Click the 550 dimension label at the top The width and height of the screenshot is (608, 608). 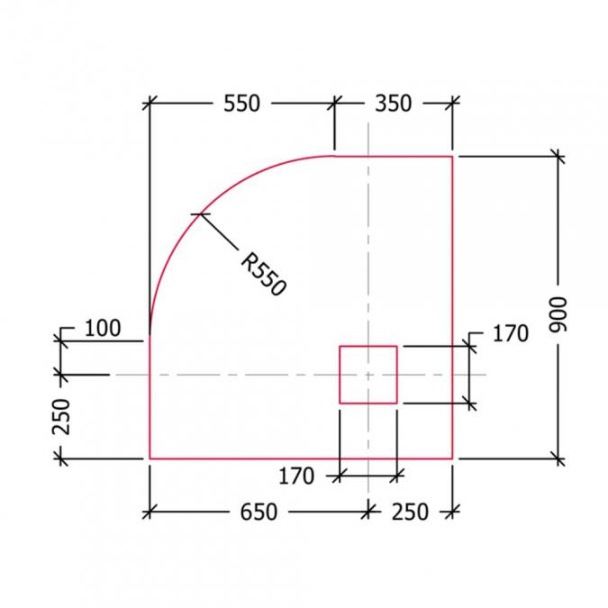pyautogui.click(x=241, y=104)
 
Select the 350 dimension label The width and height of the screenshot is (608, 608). pyautogui.click(x=393, y=104)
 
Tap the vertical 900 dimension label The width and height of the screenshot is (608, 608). pyautogui.click(x=559, y=314)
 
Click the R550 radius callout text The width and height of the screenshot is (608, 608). pyautogui.click(x=263, y=274)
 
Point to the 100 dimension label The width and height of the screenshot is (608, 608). pyautogui.click(x=102, y=328)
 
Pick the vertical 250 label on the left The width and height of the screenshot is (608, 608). pyautogui.click(x=61, y=416)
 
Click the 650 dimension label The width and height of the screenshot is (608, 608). pyautogui.click(x=258, y=512)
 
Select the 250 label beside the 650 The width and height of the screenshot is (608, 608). pyautogui.click(x=410, y=512)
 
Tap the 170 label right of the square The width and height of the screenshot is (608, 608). pyautogui.click(x=510, y=334)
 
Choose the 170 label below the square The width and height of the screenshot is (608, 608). pyautogui.click(x=296, y=474)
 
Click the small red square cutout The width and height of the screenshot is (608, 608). pyautogui.click(x=368, y=374)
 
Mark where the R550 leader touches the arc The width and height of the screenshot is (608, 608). pyautogui.click(x=198, y=213)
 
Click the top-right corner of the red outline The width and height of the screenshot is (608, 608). pyautogui.click(x=451, y=156)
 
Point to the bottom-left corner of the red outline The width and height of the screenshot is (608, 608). pyautogui.click(x=150, y=458)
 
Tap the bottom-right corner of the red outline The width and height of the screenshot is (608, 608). pyautogui.click(x=451, y=458)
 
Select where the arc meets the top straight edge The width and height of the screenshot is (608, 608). pyautogui.click(x=334, y=156)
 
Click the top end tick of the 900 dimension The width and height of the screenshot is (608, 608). pyautogui.click(x=559, y=156)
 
